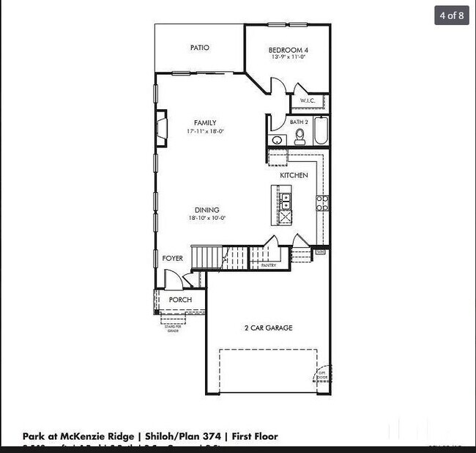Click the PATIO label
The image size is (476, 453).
[200, 48]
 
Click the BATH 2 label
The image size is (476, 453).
[299, 122]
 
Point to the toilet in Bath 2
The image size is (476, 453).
[300, 136]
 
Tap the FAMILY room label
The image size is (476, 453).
[205, 122]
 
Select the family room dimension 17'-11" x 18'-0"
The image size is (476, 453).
[205, 131]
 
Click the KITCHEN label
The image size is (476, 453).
[294, 175]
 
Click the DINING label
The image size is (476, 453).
[207, 210]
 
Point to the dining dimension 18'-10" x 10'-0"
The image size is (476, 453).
[207, 218]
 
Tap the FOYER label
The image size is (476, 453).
[172, 258]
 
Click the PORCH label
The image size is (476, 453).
[180, 299]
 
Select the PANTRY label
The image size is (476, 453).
[269, 265]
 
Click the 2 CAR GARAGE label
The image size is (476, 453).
[268, 328]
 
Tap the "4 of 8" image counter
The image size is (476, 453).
[451, 15]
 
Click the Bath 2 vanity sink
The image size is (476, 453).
[277, 141]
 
